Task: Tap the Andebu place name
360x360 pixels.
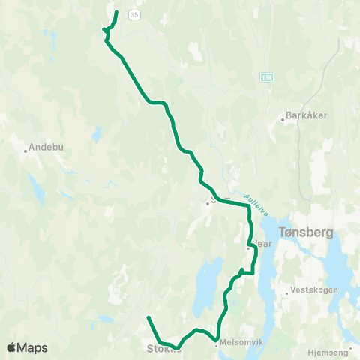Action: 42,148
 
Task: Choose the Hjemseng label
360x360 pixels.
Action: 329,351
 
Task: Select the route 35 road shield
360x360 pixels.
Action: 133,14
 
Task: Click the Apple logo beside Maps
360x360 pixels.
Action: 13,347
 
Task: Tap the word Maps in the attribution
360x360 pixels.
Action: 32,347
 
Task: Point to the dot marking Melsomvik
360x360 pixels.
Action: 216,345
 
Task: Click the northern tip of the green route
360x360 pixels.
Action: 117,11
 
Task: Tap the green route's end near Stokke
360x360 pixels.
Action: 148,318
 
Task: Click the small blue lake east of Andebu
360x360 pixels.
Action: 97,134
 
